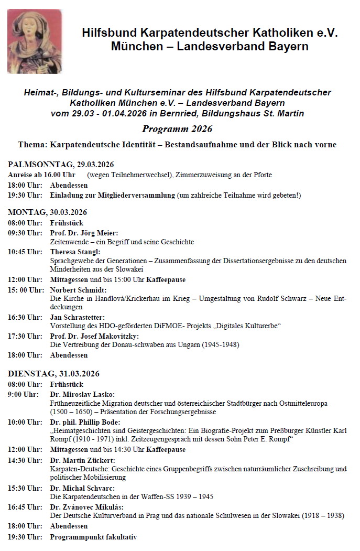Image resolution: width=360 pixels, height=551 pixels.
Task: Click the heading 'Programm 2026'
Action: coord(177,129)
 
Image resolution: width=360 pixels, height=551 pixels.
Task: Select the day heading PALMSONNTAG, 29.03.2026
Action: coord(61,165)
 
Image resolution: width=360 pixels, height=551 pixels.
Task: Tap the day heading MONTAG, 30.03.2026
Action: coord(47,212)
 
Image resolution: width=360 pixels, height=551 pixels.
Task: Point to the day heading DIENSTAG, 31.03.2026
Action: coord(53,374)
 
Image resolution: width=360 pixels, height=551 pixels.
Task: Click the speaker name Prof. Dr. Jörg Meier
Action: coord(84,233)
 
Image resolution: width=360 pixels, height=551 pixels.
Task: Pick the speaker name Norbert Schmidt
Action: coord(78,290)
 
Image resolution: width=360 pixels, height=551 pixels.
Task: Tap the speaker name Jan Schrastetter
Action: coord(77,317)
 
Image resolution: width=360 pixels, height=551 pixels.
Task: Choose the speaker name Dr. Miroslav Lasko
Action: coord(82,394)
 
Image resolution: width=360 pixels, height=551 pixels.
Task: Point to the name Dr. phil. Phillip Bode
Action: coord(85,422)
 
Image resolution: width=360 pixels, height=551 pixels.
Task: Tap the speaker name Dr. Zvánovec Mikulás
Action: coord(86,507)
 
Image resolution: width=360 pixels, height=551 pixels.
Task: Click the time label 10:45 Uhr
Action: coord(25,252)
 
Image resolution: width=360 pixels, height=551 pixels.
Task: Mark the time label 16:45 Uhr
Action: coord(25,507)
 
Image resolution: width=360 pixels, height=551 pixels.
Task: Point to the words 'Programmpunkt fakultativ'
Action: coord(93,536)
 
